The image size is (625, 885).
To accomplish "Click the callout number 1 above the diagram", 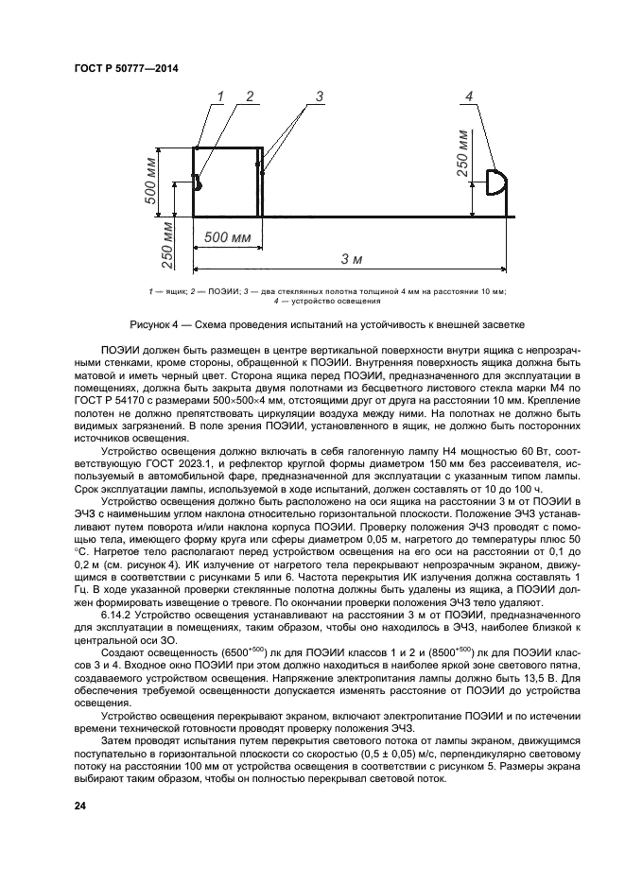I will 220,96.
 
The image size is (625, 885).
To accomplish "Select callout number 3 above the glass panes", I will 320,96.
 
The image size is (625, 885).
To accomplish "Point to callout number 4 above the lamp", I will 469,96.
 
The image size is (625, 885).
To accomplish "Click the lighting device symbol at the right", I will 496,182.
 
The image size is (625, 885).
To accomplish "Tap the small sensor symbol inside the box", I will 199,182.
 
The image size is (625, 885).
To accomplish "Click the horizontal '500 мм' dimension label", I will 228,236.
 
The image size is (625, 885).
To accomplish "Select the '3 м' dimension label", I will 352,259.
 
